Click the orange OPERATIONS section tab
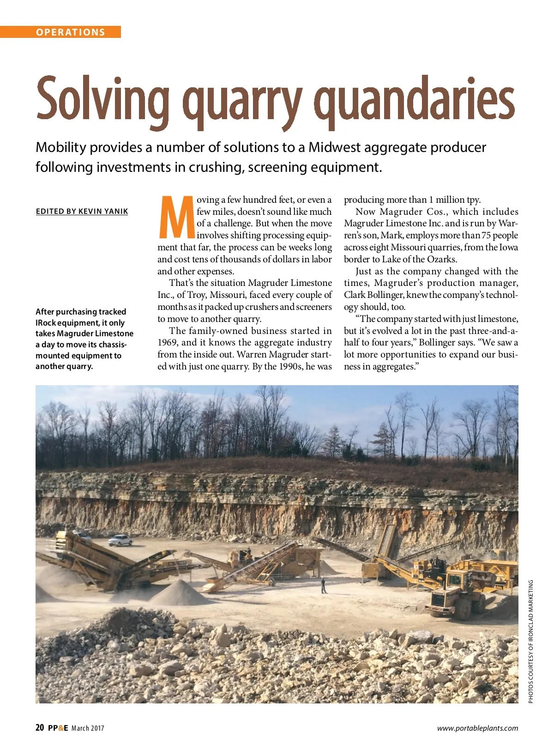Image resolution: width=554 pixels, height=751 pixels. point(70,32)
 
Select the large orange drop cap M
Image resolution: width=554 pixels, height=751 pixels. point(176,217)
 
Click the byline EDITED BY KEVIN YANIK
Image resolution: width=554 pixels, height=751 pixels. point(82,212)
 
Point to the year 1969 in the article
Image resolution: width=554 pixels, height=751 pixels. point(168,343)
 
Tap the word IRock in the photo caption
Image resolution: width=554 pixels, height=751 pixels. point(45,323)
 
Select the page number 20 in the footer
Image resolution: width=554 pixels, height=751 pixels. point(40,728)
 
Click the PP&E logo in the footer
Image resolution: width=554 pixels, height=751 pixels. point(58,728)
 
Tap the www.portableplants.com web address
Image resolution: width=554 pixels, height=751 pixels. point(477,728)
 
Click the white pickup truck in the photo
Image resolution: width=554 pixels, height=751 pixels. point(120,540)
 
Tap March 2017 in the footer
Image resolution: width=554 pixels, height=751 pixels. point(88,728)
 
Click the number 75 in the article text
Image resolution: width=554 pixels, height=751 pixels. point(486,236)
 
